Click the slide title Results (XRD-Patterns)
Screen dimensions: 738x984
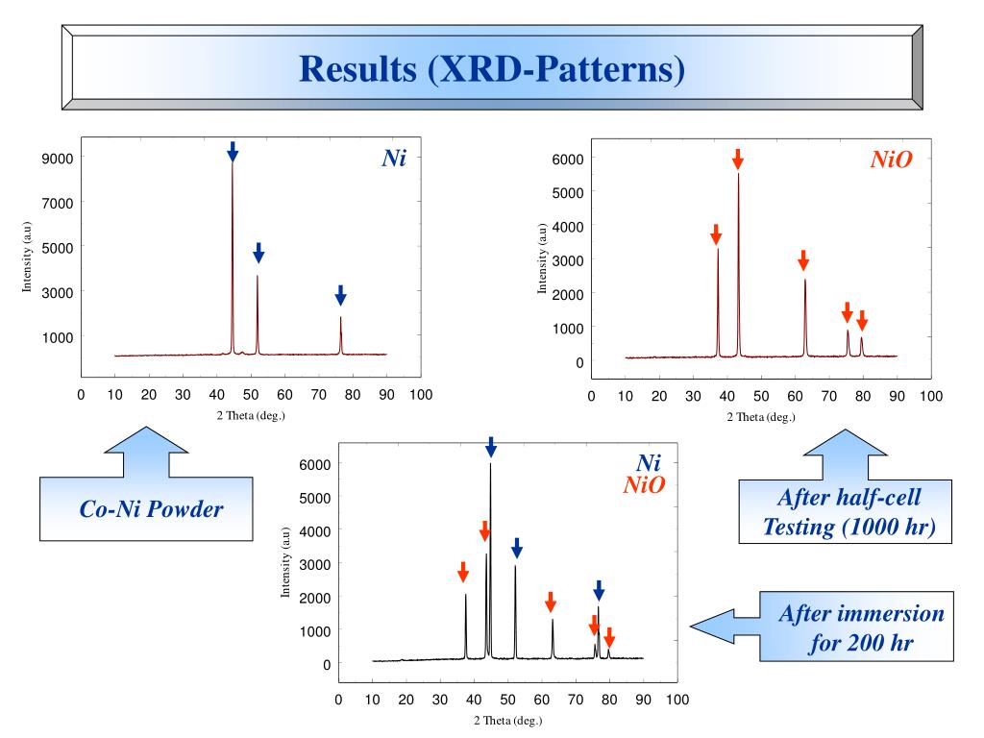click(491, 69)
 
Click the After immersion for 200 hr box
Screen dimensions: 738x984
click(861, 627)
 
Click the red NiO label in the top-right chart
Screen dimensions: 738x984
click(891, 160)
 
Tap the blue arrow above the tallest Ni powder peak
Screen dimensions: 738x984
click(233, 151)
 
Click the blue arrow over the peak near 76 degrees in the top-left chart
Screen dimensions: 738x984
click(340, 294)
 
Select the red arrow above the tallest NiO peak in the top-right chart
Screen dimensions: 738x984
click(738, 160)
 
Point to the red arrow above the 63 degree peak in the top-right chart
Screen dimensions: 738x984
click(804, 259)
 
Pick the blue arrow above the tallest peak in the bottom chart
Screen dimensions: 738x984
click(490, 447)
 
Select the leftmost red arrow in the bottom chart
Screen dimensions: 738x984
click(463, 571)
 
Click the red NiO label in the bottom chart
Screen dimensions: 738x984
click(644, 485)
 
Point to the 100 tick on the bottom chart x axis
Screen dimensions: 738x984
click(677, 699)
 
